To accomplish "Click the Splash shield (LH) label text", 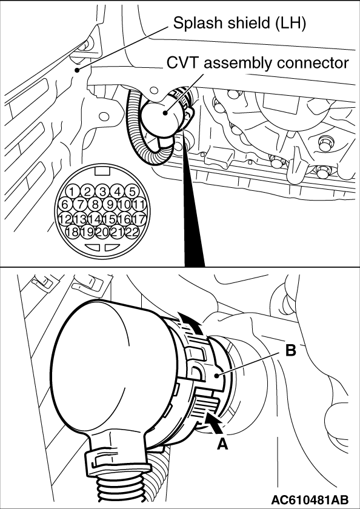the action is point(239,24).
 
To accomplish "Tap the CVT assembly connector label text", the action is point(258,63).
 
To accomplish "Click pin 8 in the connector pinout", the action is point(95,205).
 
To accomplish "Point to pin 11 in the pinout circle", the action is point(139,205).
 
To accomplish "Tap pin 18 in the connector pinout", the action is point(72,231).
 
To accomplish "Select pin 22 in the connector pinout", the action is point(132,231).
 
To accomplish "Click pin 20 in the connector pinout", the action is point(102,231).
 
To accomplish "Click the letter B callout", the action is point(290,350).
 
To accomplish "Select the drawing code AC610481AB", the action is point(310,499).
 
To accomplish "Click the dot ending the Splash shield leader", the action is point(76,70).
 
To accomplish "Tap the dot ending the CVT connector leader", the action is point(165,113).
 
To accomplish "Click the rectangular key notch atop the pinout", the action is point(102,171).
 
